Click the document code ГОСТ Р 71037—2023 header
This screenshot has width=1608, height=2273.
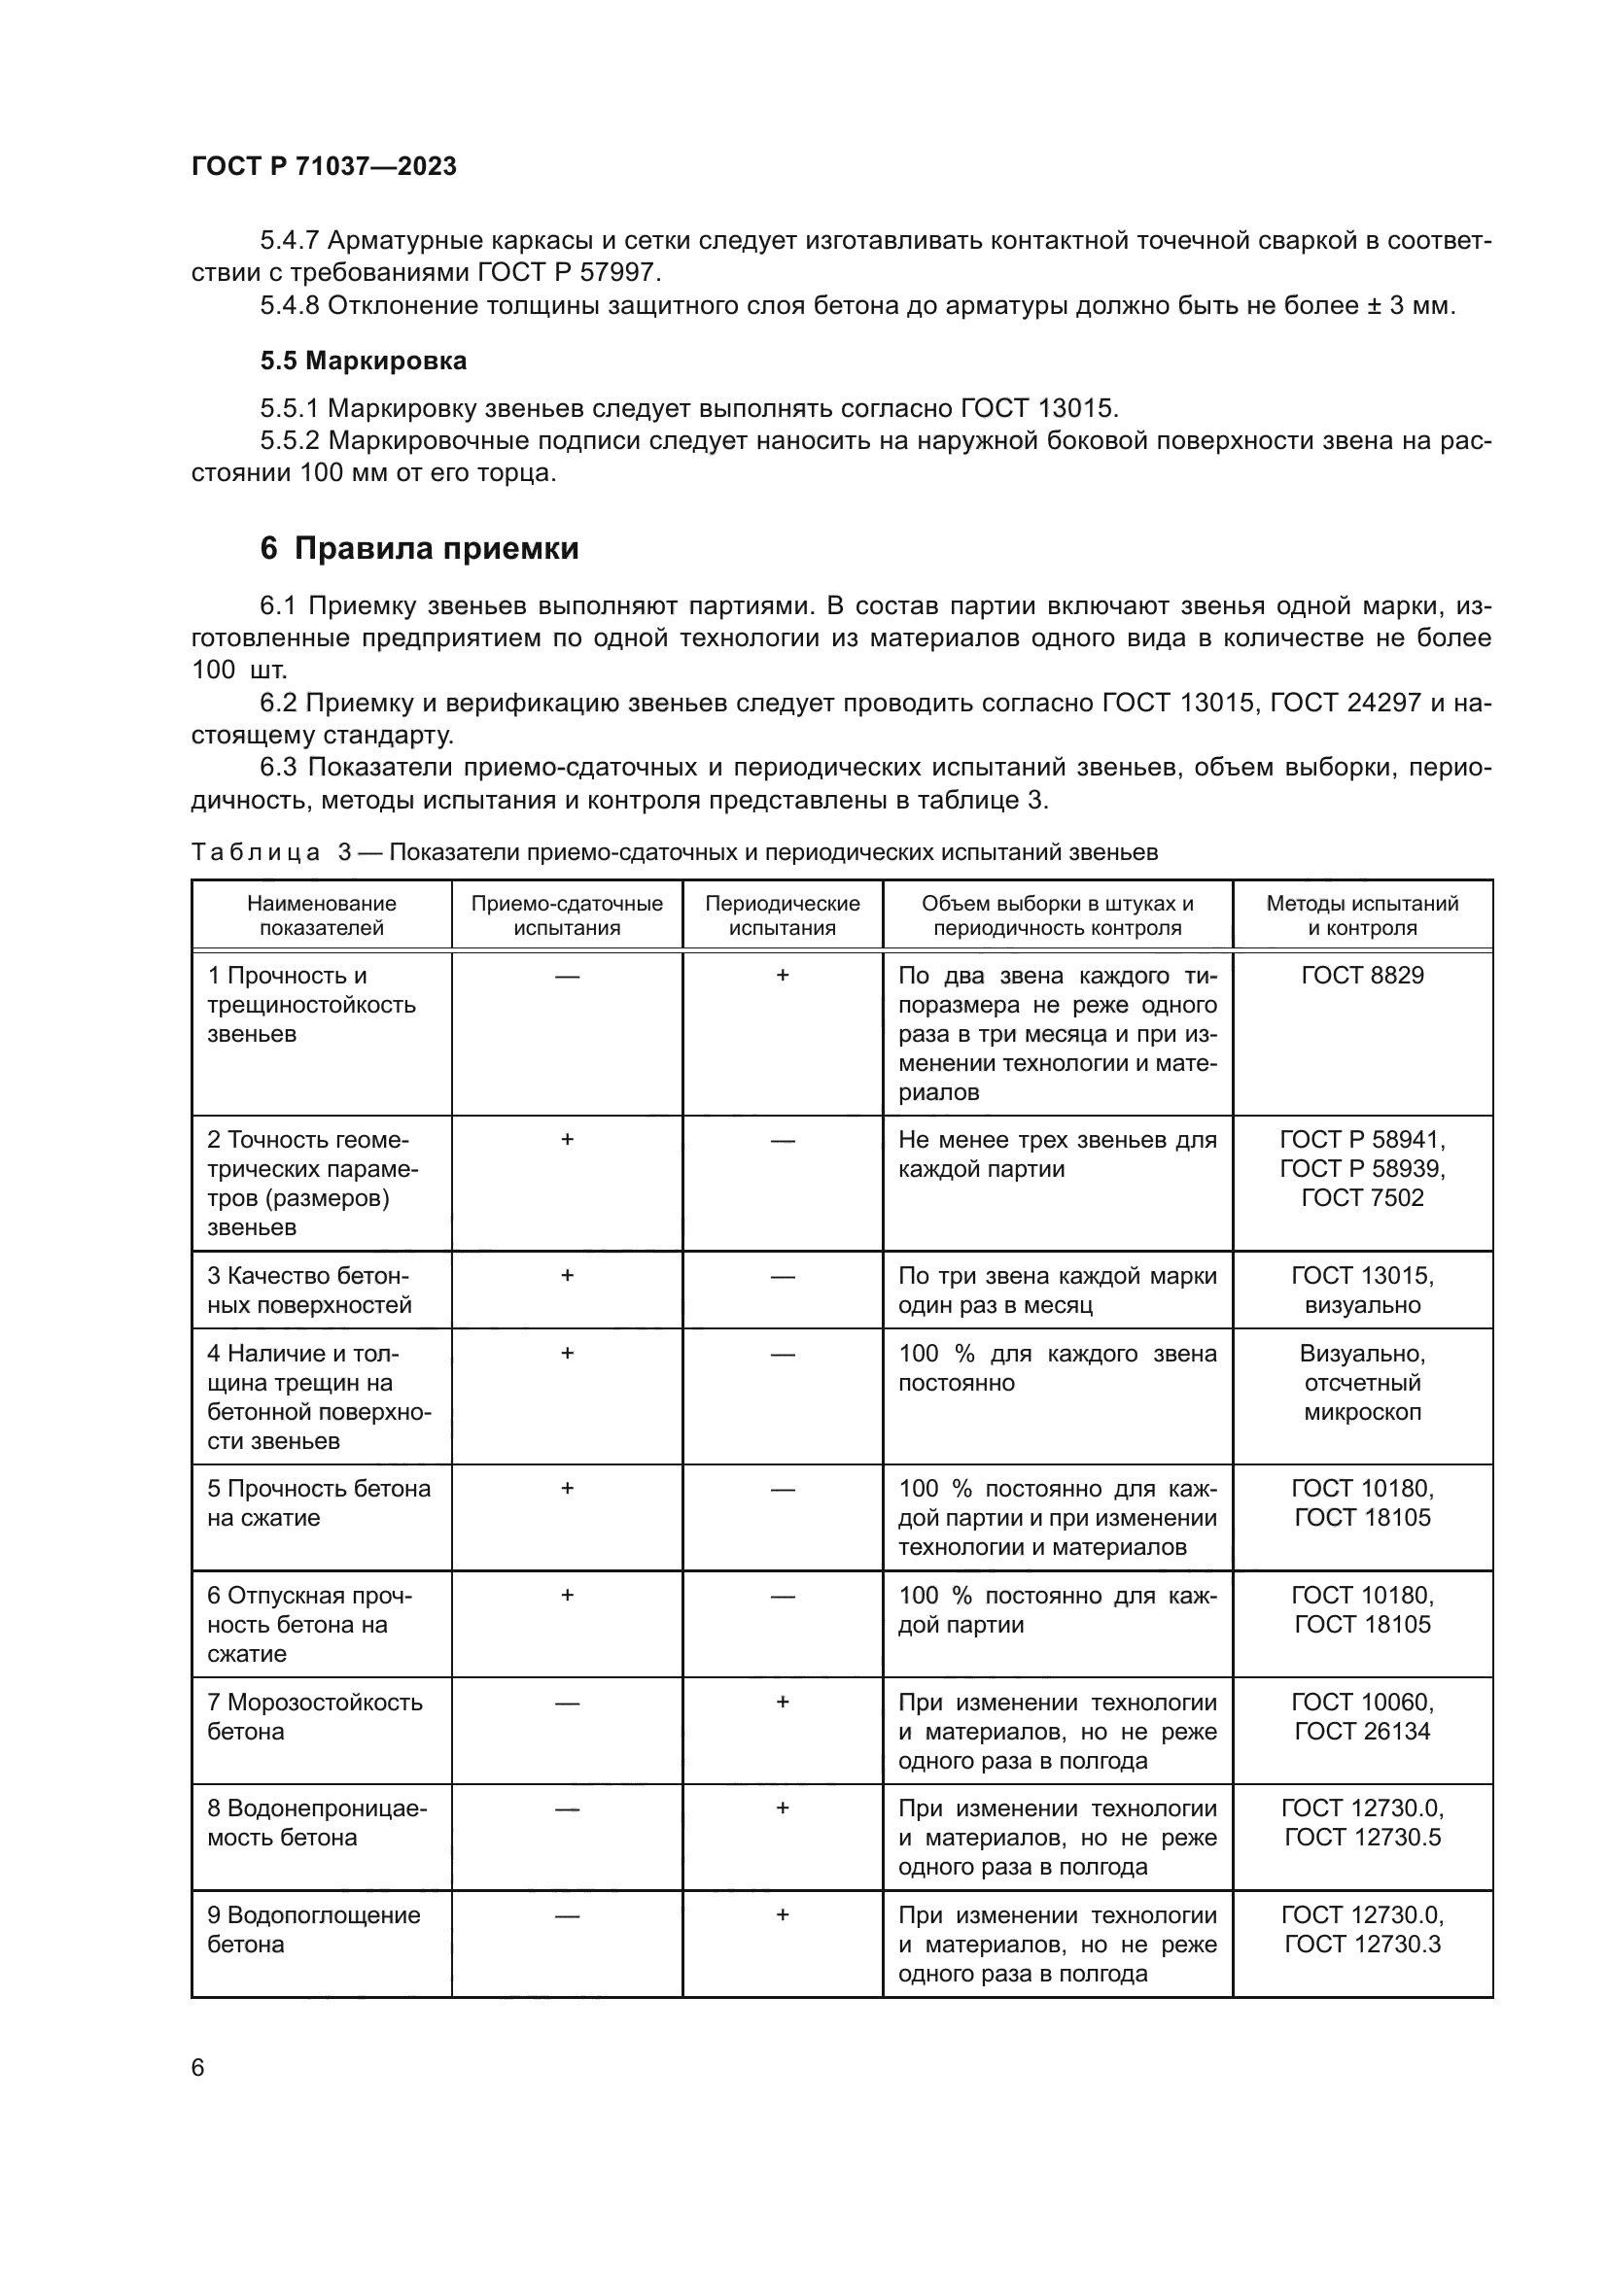(324, 166)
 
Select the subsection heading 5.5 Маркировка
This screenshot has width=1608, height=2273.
(364, 361)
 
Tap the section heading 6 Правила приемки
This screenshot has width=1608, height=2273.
(419, 547)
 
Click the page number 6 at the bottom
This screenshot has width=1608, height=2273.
(198, 2068)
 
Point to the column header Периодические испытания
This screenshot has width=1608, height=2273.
(783, 914)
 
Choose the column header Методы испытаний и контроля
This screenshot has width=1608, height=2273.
(1362, 914)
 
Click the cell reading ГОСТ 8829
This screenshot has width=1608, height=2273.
(1362, 975)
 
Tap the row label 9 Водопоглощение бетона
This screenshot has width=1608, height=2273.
(313, 1930)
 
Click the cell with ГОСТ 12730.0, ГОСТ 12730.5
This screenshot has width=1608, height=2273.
(1362, 1822)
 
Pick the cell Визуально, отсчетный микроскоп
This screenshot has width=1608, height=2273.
(1362, 1382)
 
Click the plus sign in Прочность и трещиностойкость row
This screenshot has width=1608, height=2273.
(783, 975)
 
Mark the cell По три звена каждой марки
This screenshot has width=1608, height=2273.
(1057, 1290)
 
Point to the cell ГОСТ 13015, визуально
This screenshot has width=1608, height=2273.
(1362, 1290)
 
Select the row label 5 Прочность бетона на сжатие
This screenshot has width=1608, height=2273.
(318, 1502)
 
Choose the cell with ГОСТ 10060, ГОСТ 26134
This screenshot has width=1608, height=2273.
(1362, 1716)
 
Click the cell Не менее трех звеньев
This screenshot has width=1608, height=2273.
(1057, 1154)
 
